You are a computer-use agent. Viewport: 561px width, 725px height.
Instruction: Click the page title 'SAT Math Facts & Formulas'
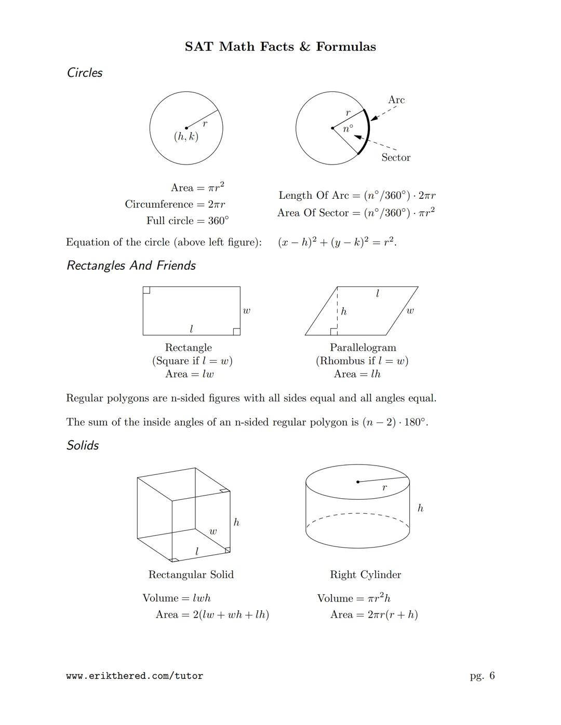(x=280, y=47)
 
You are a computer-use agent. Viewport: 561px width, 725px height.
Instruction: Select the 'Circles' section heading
(x=85, y=73)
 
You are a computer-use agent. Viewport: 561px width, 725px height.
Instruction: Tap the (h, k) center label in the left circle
(x=186, y=136)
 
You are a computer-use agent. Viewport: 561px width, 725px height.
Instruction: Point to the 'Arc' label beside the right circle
(x=396, y=100)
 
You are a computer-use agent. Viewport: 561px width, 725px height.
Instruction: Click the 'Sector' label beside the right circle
(x=395, y=157)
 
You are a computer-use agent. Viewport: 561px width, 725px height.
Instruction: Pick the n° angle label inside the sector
(x=348, y=128)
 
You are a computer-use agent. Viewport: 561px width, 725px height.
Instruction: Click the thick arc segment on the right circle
(x=368, y=131)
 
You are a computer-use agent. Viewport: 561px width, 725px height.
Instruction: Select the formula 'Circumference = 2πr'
(x=175, y=204)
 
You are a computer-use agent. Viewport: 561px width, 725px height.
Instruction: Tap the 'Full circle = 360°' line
(x=187, y=221)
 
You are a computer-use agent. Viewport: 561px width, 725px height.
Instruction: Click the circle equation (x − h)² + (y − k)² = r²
(x=337, y=242)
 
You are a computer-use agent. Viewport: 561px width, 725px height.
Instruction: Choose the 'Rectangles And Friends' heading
(x=131, y=266)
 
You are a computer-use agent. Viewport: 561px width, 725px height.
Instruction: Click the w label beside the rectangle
(x=246, y=311)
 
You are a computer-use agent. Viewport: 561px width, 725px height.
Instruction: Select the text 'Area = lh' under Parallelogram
(x=357, y=374)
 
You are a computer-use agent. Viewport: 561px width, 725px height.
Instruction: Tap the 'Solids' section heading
(x=83, y=445)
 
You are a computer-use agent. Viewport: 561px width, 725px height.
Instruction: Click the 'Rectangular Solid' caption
(x=191, y=574)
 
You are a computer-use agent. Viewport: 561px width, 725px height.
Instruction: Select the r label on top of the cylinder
(x=384, y=488)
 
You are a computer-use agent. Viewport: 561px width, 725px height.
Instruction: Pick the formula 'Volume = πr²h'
(x=354, y=598)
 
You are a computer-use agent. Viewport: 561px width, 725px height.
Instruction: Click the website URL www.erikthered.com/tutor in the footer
(x=135, y=676)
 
